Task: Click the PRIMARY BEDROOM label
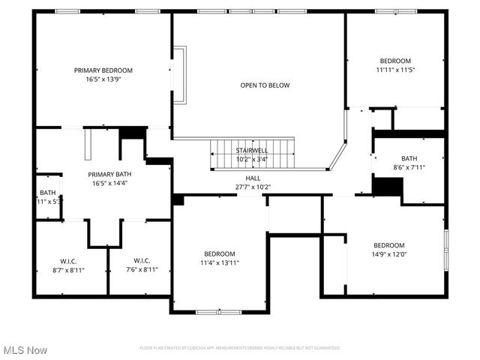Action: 103,70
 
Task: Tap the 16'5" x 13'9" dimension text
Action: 103,79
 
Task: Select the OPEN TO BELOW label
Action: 265,85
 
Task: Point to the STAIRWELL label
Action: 252,150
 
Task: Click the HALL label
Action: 252,178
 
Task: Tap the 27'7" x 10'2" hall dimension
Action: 252,187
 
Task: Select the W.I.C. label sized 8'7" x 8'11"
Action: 68,261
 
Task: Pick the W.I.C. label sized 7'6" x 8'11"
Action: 141,261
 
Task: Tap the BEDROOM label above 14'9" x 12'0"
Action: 389,245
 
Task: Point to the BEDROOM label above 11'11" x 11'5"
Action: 395,61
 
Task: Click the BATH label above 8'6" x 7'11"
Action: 409,158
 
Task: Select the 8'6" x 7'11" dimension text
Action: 409,167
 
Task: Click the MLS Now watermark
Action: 25,350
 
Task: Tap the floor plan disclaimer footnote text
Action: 239,348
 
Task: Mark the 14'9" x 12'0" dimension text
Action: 389,254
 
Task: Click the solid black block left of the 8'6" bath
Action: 388,186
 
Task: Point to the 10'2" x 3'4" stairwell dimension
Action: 252,158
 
